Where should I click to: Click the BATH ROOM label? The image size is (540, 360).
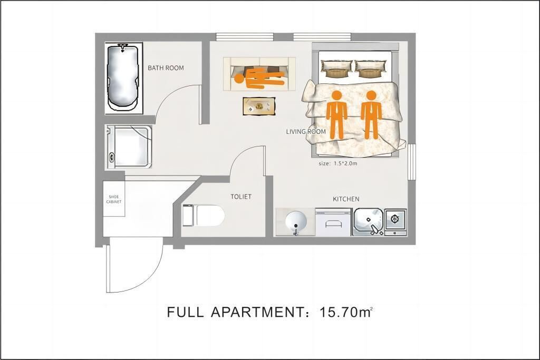click(166, 68)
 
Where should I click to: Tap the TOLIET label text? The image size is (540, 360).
click(241, 197)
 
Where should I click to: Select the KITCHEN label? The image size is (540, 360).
click(346, 199)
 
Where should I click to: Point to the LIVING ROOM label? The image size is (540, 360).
click(306, 131)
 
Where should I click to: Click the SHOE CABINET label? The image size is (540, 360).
click(114, 199)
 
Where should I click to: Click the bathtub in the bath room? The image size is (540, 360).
click(123, 78)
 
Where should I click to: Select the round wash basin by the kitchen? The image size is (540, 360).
click(296, 222)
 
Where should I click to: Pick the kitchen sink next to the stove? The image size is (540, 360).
click(369, 222)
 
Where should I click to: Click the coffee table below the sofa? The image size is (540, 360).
click(259, 106)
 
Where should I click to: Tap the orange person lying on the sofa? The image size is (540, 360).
click(259, 79)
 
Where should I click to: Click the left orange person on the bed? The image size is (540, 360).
click(336, 115)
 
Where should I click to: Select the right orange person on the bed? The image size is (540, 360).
click(371, 115)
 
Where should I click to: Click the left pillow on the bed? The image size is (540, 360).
click(337, 69)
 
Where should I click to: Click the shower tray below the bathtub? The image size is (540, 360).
click(129, 147)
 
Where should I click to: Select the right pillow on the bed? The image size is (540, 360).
click(371, 69)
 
